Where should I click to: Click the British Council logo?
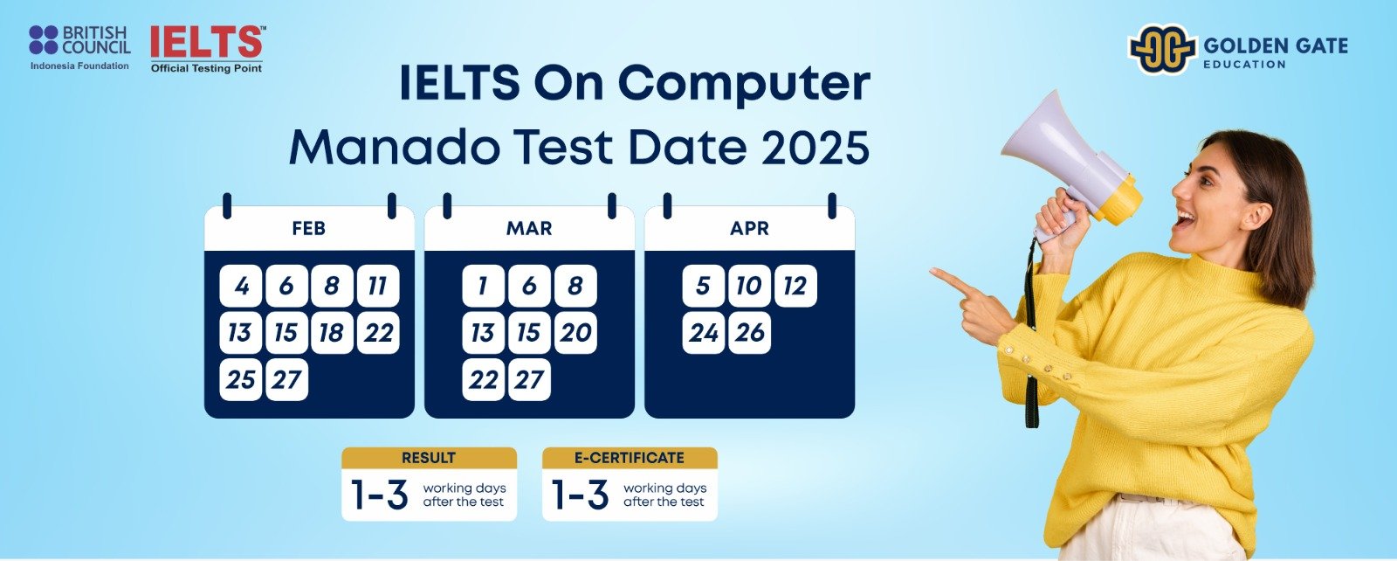[x=79, y=47]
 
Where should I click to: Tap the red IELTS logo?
[x=207, y=49]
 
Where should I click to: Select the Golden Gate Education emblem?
[x=1162, y=49]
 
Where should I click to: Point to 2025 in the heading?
[x=815, y=148]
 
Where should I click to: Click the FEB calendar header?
[x=309, y=228]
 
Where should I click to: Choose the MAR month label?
[x=529, y=228]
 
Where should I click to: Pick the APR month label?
[x=749, y=228]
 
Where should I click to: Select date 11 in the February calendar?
[x=378, y=286]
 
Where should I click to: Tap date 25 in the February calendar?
[x=241, y=379]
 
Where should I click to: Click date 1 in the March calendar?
[x=484, y=286]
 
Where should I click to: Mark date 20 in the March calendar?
[x=575, y=333]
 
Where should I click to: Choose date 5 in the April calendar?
[x=704, y=286]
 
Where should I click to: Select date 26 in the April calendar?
[x=750, y=333]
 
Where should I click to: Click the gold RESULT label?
[x=429, y=457]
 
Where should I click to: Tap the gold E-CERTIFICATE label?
[x=630, y=457]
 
